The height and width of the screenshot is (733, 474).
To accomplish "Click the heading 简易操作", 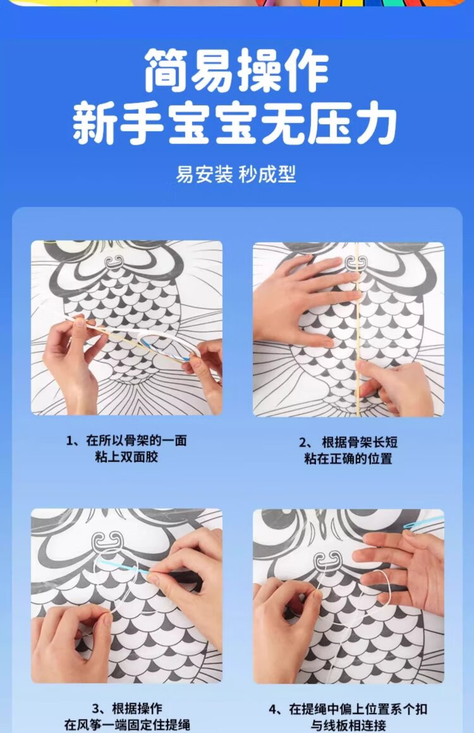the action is pyautogui.click(x=237, y=71).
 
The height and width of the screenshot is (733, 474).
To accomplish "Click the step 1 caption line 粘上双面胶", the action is pyautogui.click(x=126, y=456).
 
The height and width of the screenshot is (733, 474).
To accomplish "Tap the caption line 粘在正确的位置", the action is pyautogui.click(x=348, y=458).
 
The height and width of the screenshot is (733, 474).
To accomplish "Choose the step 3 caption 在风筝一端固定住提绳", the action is pyautogui.click(x=127, y=725).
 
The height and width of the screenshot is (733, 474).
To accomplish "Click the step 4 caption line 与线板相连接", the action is pyautogui.click(x=349, y=725).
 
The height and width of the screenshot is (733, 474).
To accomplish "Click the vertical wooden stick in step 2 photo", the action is pyautogui.click(x=358, y=330).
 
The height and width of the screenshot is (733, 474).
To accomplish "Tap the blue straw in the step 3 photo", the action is pyautogui.click(x=124, y=566).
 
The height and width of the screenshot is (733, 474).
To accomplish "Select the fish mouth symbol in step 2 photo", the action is pyautogui.click(x=356, y=263).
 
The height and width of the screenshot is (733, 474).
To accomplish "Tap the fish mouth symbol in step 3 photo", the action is pyautogui.click(x=108, y=541).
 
